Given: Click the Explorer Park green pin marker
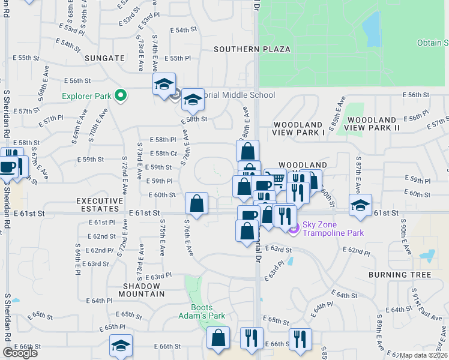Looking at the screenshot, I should [120, 95].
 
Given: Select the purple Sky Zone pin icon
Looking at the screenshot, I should [294, 228].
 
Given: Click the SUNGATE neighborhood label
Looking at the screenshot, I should [104, 58].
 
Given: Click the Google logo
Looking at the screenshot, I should [20, 353].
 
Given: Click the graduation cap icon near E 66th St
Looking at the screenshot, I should [121, 346].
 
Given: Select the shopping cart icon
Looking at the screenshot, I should [276, 179].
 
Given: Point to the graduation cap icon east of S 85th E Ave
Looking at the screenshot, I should [360, 205].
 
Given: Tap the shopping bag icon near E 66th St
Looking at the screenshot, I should [218, 338].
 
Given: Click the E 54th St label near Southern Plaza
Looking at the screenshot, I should [184, 29].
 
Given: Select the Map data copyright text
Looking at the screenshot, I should [424, 355].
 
